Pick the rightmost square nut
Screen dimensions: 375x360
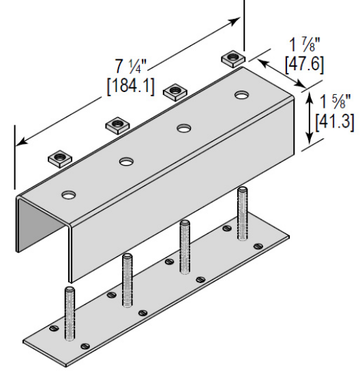(233, 58)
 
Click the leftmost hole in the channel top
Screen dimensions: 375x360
(68, 196)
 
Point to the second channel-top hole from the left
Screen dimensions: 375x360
(126, 162)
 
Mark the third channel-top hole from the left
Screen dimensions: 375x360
(183, 127)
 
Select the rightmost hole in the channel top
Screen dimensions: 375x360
(240, 95)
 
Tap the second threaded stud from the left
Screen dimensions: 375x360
(127, 280)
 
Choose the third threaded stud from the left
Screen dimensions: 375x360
(184, 245)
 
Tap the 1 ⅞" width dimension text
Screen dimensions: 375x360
(301, 44)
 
